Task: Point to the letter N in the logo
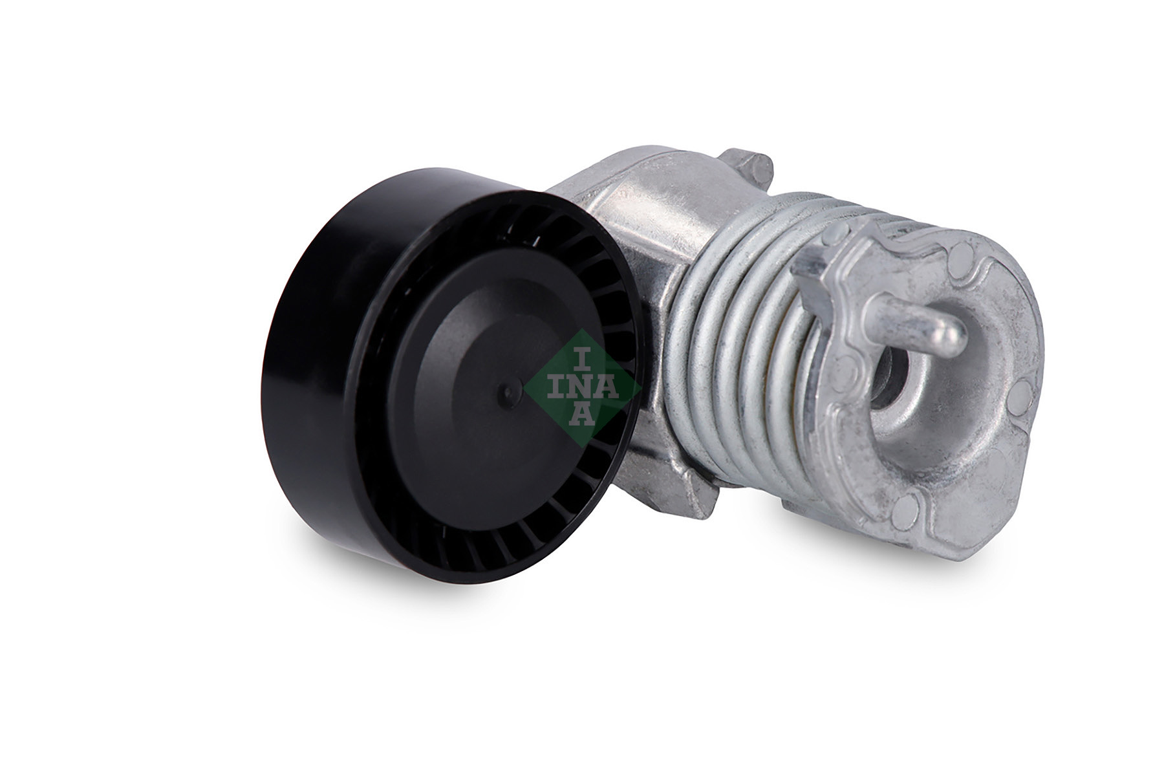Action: click(581, 388)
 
